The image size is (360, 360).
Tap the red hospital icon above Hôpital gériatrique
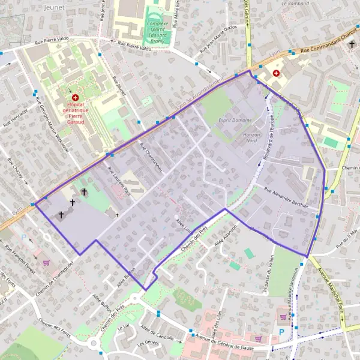pos(75,97)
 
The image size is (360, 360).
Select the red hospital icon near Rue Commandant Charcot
pos(276,73)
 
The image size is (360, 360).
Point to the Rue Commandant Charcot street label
pos(324,46)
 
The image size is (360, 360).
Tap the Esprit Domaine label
pos(236,120)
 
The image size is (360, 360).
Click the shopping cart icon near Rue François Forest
pos(47,262)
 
